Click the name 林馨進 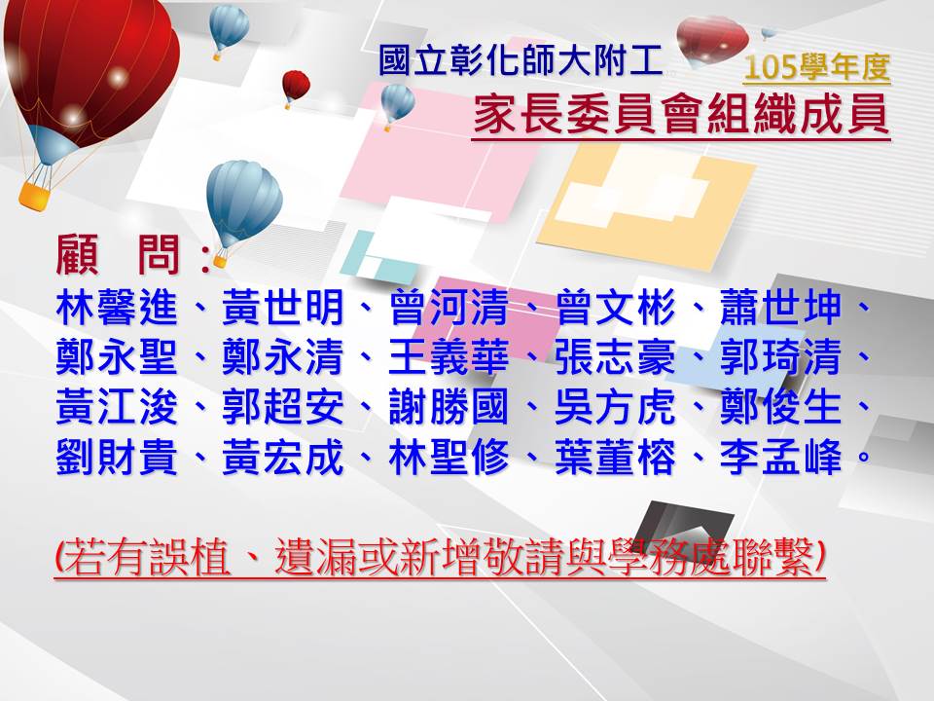[118, 308]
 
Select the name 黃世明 [283, 308]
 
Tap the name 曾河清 [449, 308]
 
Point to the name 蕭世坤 [781, 308]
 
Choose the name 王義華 [449, 357]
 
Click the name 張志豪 [615, 357]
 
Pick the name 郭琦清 [781, 357]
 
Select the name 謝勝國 [449, 408]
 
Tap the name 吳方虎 [615, 408]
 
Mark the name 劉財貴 [118, 458]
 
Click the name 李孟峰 [781, 458]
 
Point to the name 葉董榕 [615, 458]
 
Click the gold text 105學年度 [816, 67]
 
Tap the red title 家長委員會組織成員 [681, 114]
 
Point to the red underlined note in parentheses [440, 557]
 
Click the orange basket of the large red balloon [33, 196]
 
